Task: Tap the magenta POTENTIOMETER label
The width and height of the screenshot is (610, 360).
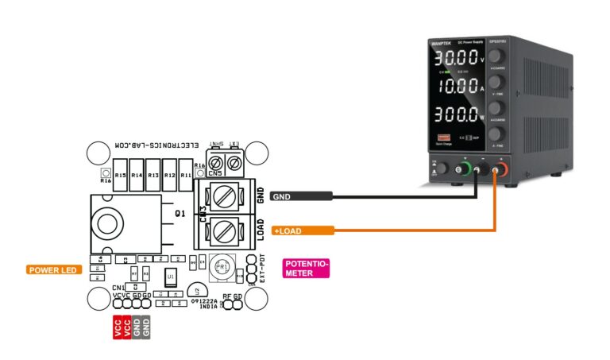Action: [x=306, y=268]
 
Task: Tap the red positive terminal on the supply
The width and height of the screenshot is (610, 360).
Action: [x=500, y=168]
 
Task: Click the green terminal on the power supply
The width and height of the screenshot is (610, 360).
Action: [x=465, y=168]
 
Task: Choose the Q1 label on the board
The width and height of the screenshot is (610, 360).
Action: [x=180, y=214]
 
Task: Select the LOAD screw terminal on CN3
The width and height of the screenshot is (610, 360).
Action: [x=225, y=231]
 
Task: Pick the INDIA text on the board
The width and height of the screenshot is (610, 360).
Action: [x=208, y=307]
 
